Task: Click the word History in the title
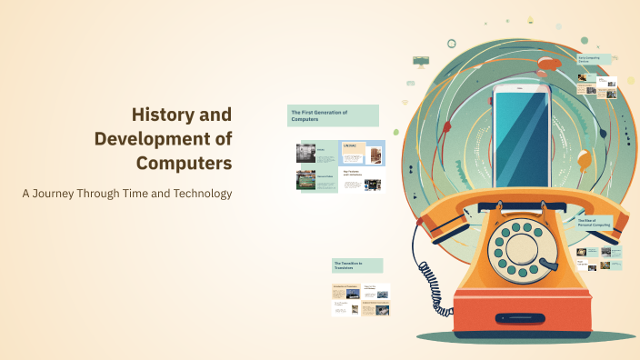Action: click(167, 115)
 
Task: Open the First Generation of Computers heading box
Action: click(333, 115)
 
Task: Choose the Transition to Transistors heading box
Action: click(357, 265)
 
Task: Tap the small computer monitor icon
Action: click(421, 61)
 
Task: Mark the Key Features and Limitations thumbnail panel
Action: click(362, 179)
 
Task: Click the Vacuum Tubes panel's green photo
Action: click(305, 181)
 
